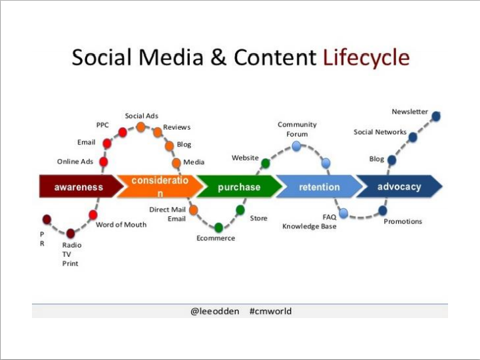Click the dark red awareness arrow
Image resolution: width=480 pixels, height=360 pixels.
point(80,186)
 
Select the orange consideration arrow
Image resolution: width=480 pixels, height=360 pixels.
point(160,186)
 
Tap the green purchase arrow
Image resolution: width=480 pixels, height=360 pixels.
point(240,186)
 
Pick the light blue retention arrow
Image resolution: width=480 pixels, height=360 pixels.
point(320,186)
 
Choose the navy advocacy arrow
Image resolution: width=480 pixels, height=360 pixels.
point(399,186)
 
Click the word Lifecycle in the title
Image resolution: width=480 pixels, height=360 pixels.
point(366,57)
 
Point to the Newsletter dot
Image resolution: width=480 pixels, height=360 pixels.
point(436,116)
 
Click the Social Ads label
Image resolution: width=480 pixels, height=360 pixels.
point(141,116)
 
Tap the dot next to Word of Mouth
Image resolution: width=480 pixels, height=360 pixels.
point(93,215)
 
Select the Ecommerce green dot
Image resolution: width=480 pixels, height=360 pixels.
point(218,228)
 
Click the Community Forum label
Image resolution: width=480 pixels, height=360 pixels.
point(297,129)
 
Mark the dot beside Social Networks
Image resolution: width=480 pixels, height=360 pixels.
point(413,137)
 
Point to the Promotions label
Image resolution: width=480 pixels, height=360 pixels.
point(403,221)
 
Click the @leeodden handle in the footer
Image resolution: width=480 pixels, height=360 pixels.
point(214,311)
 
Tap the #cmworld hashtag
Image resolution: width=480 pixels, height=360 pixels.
point(270,311)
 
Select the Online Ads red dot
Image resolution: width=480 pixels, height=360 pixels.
point(104,162)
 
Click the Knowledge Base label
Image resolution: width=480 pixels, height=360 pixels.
point(309,226)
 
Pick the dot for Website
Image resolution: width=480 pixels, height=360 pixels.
point(266,164)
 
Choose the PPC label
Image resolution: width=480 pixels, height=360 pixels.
point(103,125)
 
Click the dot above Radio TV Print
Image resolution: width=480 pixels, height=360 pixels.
point(71,234)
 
